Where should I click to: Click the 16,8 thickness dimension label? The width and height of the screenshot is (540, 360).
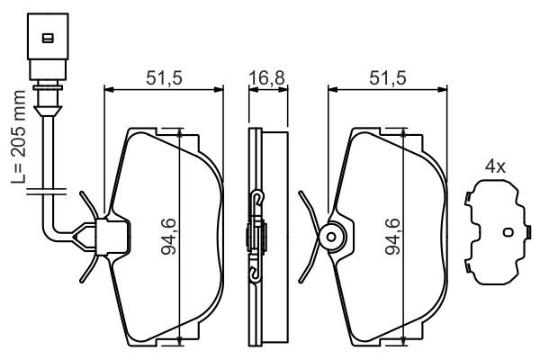[x=267, y=78]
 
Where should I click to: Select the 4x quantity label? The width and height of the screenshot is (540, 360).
[x=495, y=167]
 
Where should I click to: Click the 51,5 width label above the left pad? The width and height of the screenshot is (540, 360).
[x=164, y=78]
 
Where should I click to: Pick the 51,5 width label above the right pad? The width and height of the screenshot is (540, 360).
[x=388, y=78]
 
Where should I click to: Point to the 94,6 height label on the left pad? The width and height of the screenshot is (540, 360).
[x=169, y=237]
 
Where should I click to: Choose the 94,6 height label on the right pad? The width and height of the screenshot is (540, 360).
[x=392, y=237]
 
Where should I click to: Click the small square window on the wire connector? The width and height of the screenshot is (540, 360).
[x=48, y=38]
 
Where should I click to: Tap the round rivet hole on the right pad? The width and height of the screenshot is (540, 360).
[x=331, y=237]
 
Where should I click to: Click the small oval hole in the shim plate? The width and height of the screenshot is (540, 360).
[x=508, y=232]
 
